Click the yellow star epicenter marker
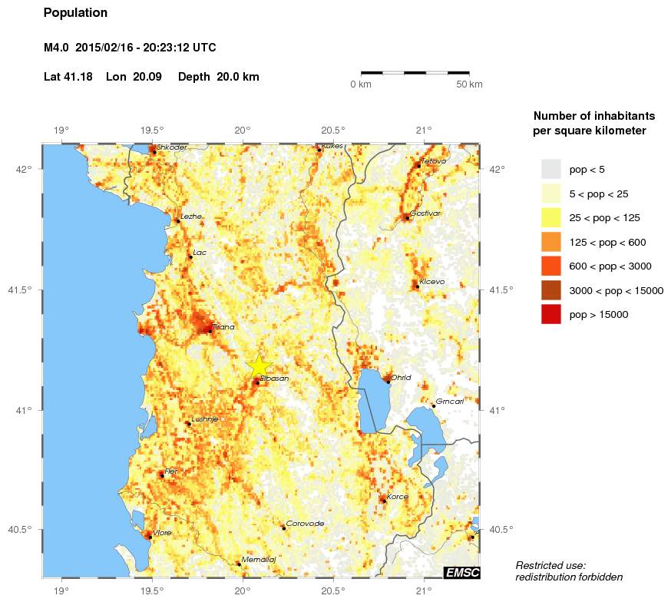click(259, 366)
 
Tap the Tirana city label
click(223, 326)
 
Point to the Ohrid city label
click(401, 377)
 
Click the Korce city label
click(398, 496)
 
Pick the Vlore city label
click(163, 532)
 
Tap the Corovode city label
click(305, 524)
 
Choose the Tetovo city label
click(434, 160)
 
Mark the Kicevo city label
click(431, 282)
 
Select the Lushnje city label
click(205, 418)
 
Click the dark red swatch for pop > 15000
click(551, 314)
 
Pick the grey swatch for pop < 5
click(551, 169)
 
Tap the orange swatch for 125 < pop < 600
click(551, 242)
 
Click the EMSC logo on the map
click(462, 572)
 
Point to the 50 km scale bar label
click(469, 84)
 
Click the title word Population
click(76, 13)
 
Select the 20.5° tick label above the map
click(332, 130)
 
